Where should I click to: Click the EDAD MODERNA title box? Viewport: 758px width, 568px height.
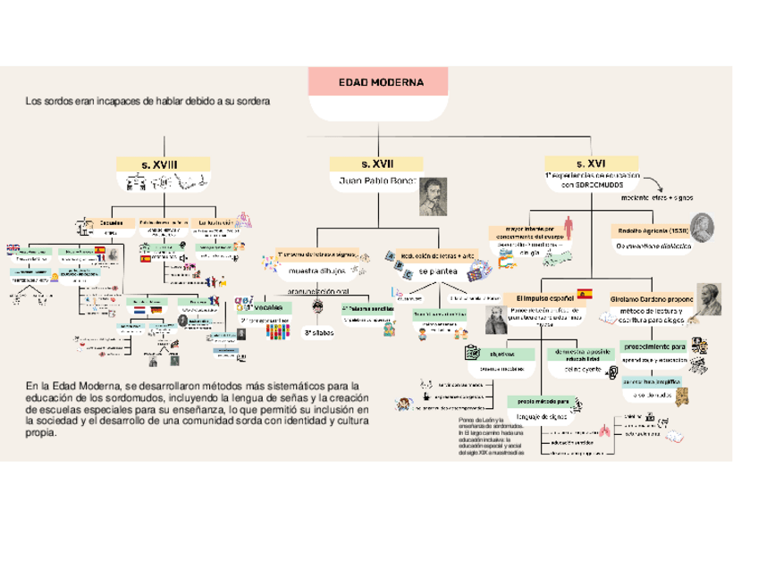point(377,83)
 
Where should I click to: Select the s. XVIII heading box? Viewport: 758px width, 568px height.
point(159,164)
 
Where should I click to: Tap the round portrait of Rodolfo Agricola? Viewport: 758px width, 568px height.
point(702,226)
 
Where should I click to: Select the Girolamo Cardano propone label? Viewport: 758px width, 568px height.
point(652,295)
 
